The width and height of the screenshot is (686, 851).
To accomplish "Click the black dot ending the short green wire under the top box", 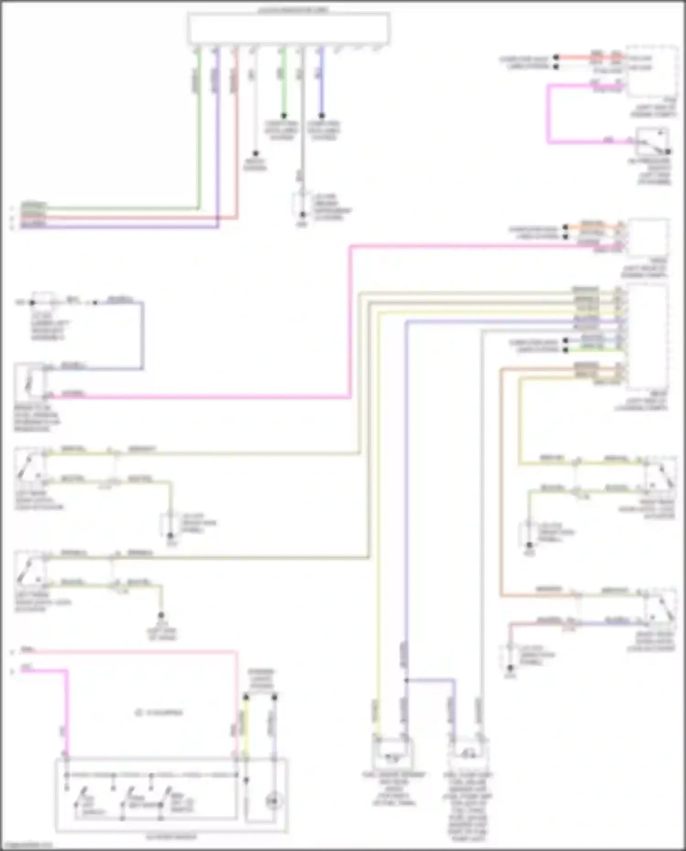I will click(x=284, y=116).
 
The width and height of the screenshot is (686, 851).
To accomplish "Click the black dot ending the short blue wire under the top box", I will click(x=322, y=116).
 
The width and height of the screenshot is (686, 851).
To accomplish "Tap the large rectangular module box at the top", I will click(x=289, y=28).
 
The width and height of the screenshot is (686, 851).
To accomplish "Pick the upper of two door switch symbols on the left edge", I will click(x=29, y=466).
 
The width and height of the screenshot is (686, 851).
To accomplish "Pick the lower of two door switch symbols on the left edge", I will click(x=29, y=570).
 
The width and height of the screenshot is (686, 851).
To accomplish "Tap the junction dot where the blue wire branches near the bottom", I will click(x=406, y=681).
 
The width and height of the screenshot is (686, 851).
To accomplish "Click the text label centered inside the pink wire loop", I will click(x=159, y=712).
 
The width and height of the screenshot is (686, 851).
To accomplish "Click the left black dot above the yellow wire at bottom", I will click(x=246, y=697).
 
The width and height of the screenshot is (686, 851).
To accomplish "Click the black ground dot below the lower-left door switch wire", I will click(x=161, y=616).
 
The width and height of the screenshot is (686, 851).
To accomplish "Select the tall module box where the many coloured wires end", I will click(x=648, y=336).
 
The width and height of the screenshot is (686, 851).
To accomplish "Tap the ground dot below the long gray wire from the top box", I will click(x=302, y=214).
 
